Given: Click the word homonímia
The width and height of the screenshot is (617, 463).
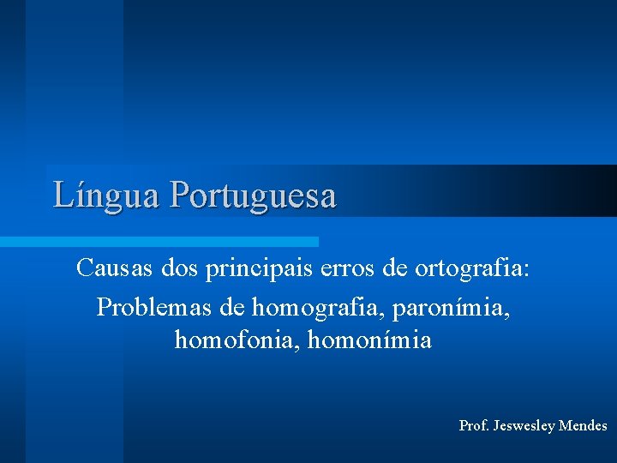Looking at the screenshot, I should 370,341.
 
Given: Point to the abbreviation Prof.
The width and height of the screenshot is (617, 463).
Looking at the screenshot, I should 475,425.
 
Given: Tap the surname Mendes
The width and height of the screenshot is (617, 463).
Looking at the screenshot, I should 583,425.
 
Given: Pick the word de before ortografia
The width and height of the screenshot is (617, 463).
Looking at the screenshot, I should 395,268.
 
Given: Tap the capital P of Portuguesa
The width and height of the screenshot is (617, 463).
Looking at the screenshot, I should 180,195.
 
